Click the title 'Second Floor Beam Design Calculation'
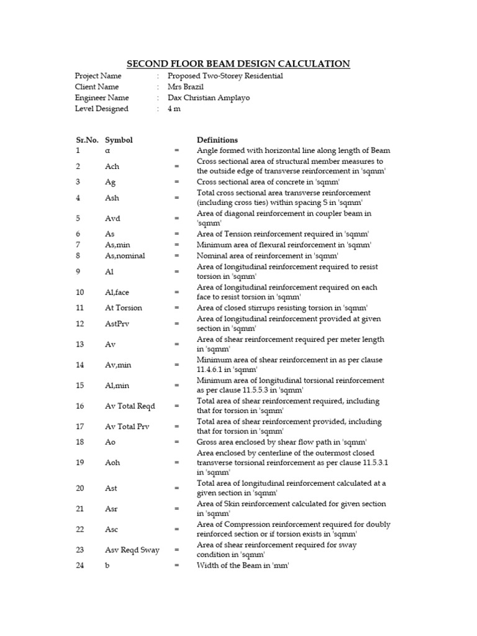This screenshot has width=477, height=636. (238, 63)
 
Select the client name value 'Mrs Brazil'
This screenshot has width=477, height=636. (186, 87)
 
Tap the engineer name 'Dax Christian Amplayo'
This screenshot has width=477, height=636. (209, 98)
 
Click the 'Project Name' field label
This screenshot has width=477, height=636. (98, 76)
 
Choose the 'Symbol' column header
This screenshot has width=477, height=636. (119, 140)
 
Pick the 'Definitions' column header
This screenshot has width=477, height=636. (217, 140)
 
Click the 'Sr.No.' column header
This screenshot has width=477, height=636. (86, 140)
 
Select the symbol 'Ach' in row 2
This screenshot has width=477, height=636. (112, 166)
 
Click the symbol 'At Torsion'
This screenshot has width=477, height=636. (124, 307)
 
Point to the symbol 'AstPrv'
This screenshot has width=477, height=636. (117, 324)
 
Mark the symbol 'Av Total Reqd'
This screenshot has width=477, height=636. (130, 406)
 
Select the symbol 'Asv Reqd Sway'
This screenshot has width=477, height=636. (132, 550)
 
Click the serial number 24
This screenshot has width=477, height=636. (79, 565)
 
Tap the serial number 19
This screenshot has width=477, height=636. (79, 463)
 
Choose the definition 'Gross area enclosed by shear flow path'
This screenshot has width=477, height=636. (281, 442)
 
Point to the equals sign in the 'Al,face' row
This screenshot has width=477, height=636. (177, 292)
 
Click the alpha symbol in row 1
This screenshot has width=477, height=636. (107, 151)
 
